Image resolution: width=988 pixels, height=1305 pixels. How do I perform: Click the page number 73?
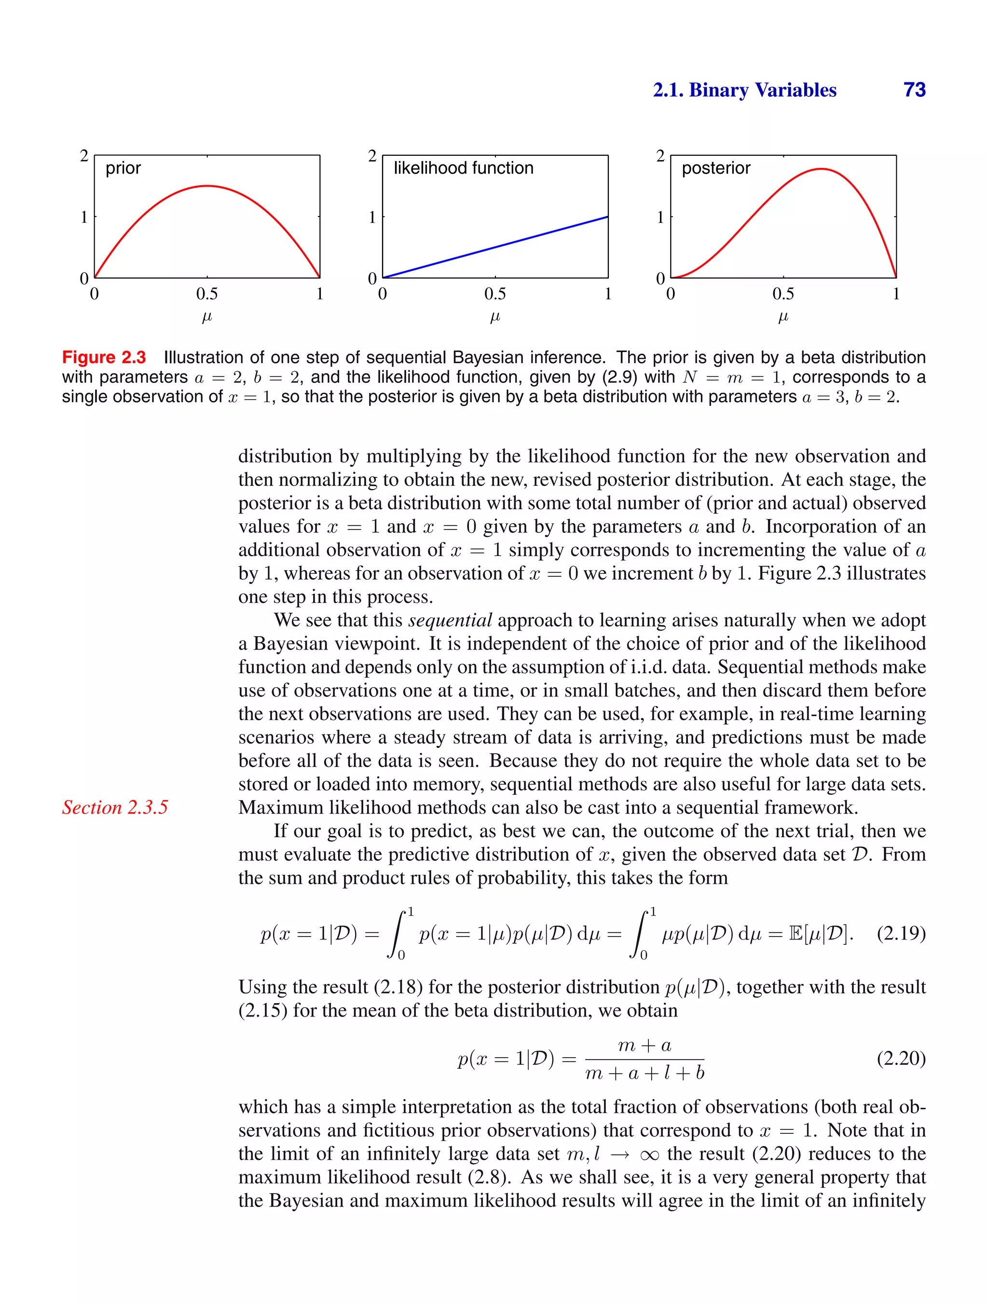tap(914, 90)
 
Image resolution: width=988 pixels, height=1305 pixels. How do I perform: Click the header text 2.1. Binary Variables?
tap(744, 90)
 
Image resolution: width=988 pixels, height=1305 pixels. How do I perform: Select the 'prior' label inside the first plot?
tap(123, 168)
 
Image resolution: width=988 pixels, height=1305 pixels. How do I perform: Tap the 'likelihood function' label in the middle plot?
tap(463, 168)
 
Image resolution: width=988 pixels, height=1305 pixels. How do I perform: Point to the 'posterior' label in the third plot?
tap(715, 168)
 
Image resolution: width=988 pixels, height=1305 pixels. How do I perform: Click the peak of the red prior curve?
tap(207, 186)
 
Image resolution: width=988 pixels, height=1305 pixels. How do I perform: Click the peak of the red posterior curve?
tap(821, 169)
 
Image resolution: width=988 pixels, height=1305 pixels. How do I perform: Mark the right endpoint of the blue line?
tap(607, 217)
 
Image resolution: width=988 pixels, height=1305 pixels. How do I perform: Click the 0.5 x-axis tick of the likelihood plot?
tap(494, 293)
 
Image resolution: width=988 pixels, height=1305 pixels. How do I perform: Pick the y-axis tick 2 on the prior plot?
tap(84, 156)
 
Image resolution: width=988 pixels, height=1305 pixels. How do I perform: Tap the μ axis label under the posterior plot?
tap(782, 317)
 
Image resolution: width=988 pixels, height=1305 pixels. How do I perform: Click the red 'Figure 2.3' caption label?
tap(104, 357)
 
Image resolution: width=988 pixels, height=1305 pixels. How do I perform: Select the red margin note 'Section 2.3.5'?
tap(115, 807)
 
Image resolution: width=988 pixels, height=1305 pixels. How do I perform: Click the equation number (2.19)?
tap(901, 933)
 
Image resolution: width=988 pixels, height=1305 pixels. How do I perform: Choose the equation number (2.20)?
tap(901, 1059)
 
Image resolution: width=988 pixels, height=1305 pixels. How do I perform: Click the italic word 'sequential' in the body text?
tap(450, 620)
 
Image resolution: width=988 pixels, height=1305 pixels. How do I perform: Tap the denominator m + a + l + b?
tap(645, 1073)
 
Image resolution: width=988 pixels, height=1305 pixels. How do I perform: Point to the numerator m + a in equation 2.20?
tap(645, 1046)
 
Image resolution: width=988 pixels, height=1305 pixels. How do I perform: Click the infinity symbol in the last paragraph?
tap(649, 1154)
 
